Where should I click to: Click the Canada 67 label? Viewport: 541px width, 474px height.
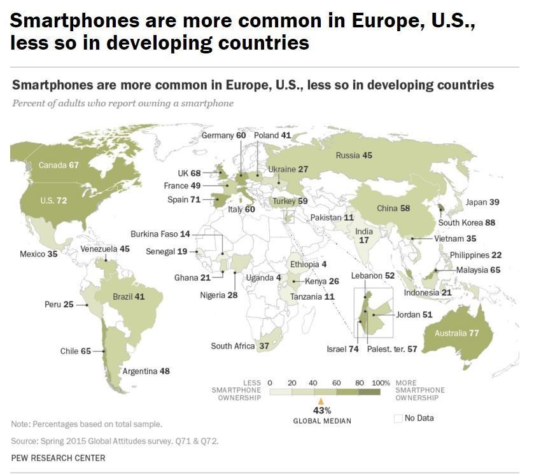(x=59, y=165)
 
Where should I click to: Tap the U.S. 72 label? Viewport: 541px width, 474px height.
(x=53, y=200)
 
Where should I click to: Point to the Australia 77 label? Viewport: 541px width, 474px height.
(x=456, y=333)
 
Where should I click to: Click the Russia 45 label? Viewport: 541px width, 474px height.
(x=354, y=155)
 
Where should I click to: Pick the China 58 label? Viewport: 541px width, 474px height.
(x=393, y=209)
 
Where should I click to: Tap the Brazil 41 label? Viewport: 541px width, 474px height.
(x=129, y=297)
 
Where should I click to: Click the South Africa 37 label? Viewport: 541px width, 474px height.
(x=241, y=346)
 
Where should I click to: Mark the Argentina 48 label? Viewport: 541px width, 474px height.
(x=146, y=371)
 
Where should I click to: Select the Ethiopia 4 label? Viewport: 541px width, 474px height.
(x=308, y=264)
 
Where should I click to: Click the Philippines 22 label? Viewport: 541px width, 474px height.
(x=475, y=255)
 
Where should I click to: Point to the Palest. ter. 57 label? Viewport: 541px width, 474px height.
(x=392, y=349)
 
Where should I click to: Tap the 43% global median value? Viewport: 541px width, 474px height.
(x=322, y=410)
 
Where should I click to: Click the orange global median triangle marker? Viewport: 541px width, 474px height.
(x=321, y=401)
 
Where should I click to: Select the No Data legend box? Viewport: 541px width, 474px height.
(x=398, y=418)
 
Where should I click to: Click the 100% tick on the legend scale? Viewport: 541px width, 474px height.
(x=381, y=382)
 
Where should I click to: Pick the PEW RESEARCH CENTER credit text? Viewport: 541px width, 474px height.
(x=58, y=458)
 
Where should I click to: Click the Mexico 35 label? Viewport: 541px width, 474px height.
(x=39, y=254)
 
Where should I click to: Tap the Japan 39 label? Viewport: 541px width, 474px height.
(x=482, y=202)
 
